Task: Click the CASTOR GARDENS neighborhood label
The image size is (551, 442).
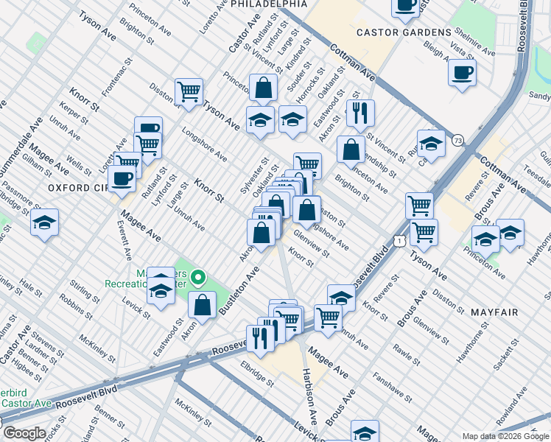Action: pos(403,32)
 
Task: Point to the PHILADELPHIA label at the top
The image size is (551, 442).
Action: pos(268,4)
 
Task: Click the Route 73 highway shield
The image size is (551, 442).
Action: pos(457,140)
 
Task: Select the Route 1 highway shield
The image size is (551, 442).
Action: pos(399,241)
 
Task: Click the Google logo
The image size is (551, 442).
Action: pos(24,433)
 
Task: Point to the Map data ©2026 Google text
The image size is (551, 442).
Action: pos(505,436)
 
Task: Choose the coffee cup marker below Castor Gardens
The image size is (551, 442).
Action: pos(462,73)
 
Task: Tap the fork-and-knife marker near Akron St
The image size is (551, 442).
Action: pos(360,113)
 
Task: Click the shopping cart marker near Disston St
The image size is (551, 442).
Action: pos(189,92)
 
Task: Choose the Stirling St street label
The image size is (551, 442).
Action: pos(86,289)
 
